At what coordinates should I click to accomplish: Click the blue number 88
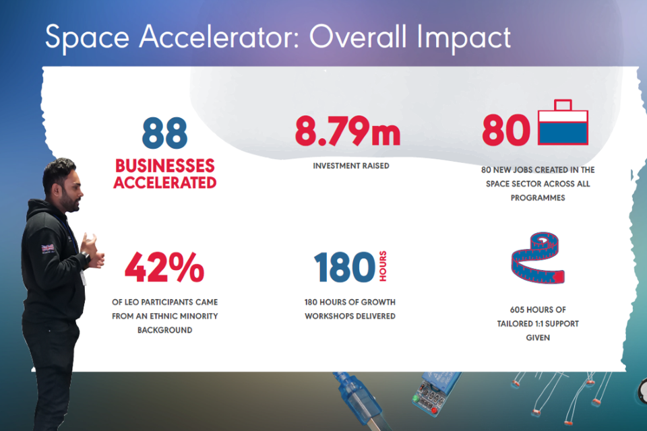(x=164, y=133)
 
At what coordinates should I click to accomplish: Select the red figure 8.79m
(x=348, y=131)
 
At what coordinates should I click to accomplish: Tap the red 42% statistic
(x=164, y=267)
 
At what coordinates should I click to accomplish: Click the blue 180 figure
(x=345, y=267)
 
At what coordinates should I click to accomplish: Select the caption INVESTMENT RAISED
(x=350, y=166)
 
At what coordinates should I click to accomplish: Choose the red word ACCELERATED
(x=164, y=183)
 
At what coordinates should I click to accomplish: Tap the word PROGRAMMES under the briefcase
(x=537, y=199)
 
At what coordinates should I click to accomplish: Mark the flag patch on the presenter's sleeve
(x=48, y=248)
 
